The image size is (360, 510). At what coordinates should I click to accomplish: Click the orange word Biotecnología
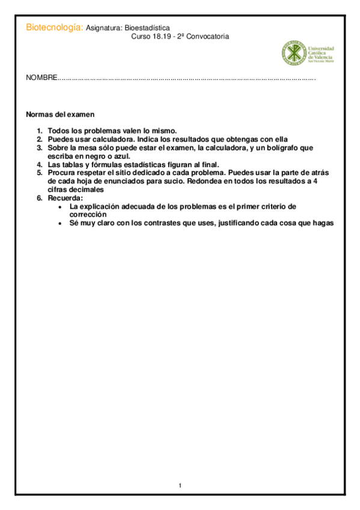pyautogui.click(x=53, y=28)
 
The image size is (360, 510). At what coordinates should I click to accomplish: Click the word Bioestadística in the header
pyautogui.click(x=151, y=28)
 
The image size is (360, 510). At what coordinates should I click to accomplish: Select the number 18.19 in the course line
pyautogui.click(x=158, y=36)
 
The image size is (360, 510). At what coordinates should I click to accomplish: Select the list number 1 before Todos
pyautogui.click(x=39, y=131)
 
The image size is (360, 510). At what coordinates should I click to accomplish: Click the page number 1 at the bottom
pyautogui.click(x=180, y=485)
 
